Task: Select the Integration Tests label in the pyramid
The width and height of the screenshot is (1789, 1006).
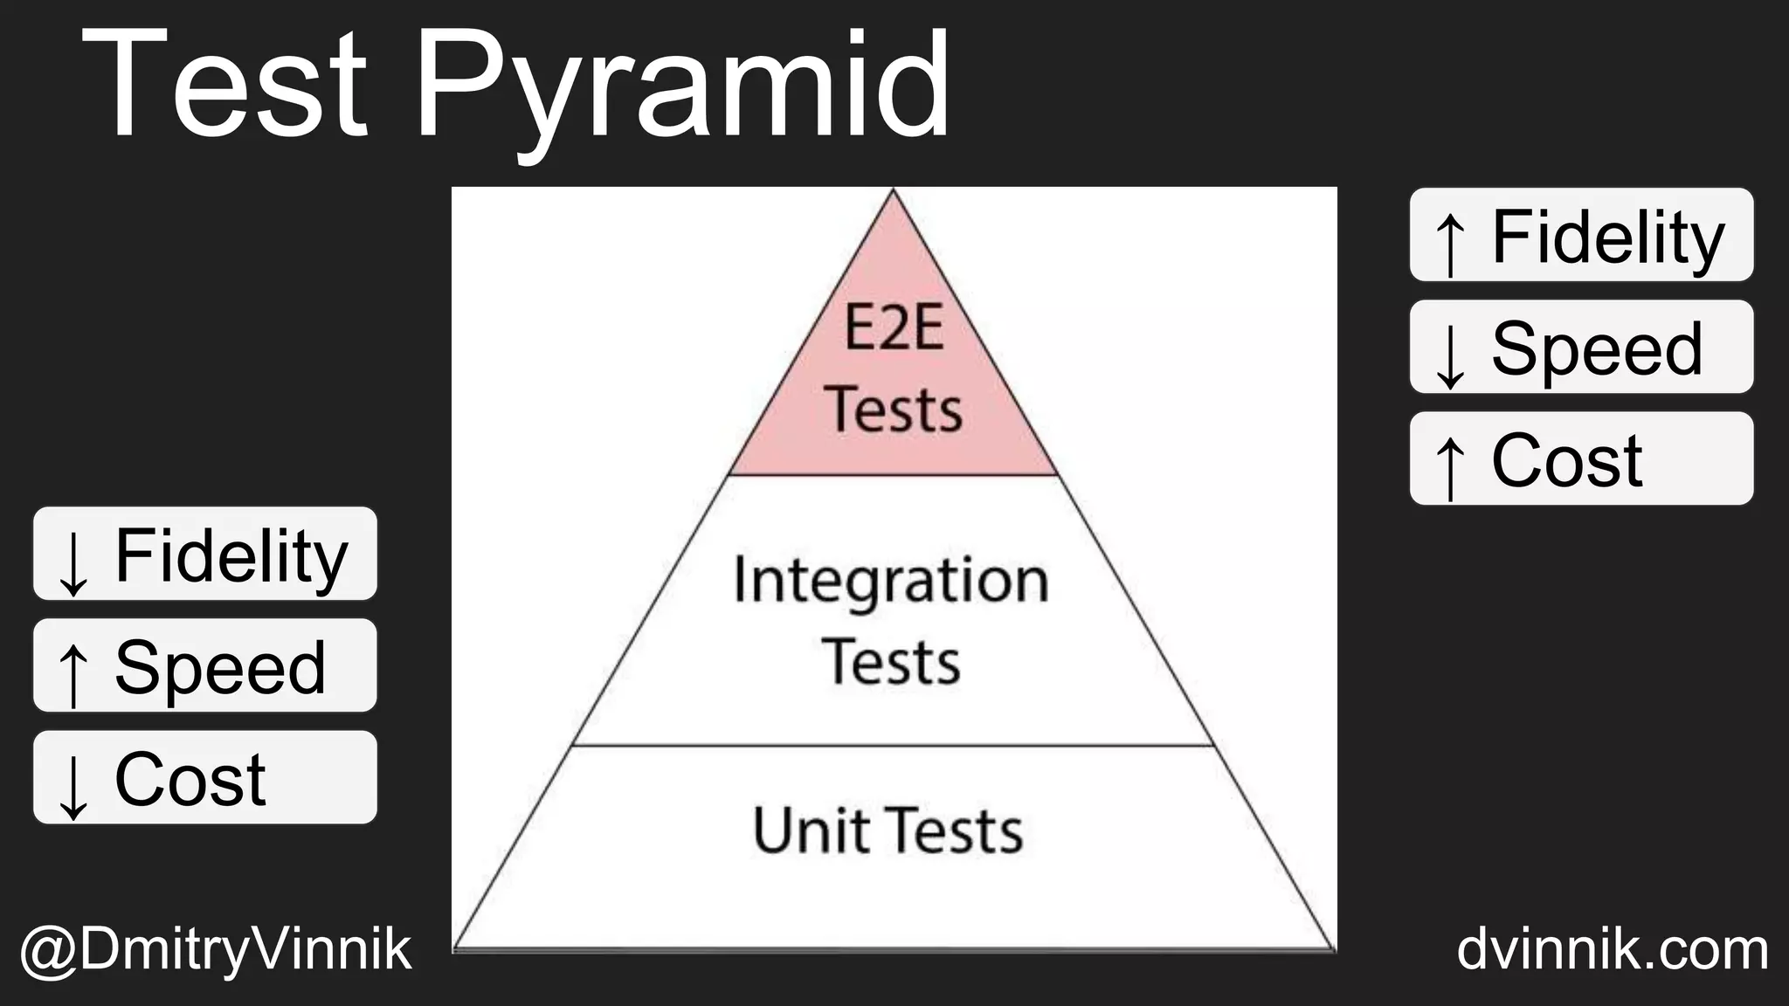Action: tap(891, 620)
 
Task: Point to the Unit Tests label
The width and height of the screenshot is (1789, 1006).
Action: tap(888, 830)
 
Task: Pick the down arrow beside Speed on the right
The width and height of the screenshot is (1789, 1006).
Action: tap(1450, 354)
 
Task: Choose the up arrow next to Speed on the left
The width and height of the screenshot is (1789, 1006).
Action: tap(73, 672)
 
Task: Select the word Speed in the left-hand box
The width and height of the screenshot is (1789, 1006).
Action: tap(220, 667)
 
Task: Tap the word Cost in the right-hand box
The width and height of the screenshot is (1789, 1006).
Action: tap(1567, 460)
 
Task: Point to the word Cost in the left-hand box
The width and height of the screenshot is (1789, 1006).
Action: tap(190, 779)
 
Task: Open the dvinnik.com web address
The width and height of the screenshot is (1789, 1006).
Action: tap(1613, 950)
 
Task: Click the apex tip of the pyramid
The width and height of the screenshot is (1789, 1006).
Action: tap(893, 193)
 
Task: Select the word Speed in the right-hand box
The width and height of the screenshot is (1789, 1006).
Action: tap(1597, 348)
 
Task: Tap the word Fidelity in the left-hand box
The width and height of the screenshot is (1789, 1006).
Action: tap(231, 555)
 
